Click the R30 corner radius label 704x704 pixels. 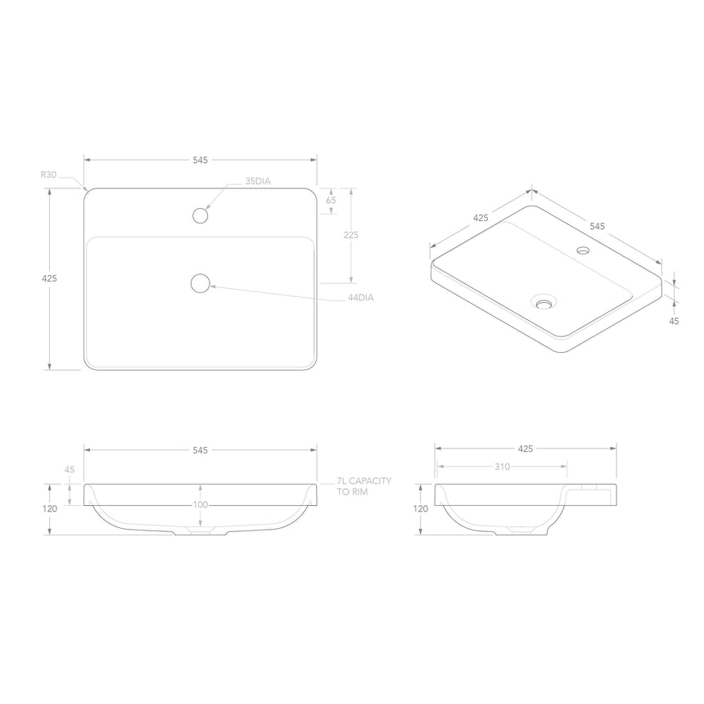[48, 174]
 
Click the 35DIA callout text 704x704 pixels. [257, 181]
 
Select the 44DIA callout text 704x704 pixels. [360, 298]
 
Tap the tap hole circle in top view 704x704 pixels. [200, 216]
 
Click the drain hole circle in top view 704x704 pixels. [200, 283]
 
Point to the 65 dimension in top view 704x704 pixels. [331, 200]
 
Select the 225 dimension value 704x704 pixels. [351, 234]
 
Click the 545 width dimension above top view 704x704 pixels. [200, 160]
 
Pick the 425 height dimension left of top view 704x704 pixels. [49, 278]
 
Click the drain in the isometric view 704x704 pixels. [543, 301]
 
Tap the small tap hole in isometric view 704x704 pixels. [583, 250]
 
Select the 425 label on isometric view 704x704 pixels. [481, 218]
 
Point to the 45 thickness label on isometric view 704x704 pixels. [674, 322]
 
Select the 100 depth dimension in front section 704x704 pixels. [201, 505]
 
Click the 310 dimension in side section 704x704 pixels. [502, 467]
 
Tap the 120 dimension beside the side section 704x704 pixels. [421, 508]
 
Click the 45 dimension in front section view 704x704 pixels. [70, 470]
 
